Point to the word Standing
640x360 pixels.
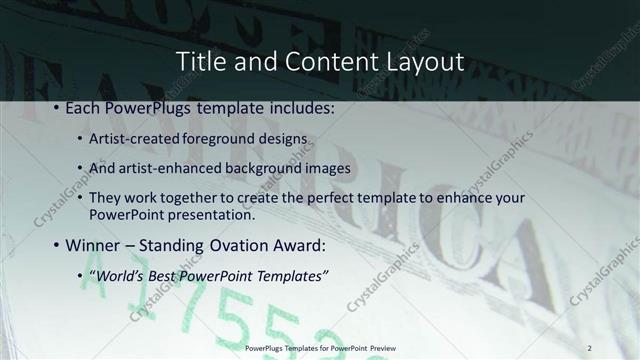(x=175, y=245)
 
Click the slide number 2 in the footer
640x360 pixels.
(x=590, y=347)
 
